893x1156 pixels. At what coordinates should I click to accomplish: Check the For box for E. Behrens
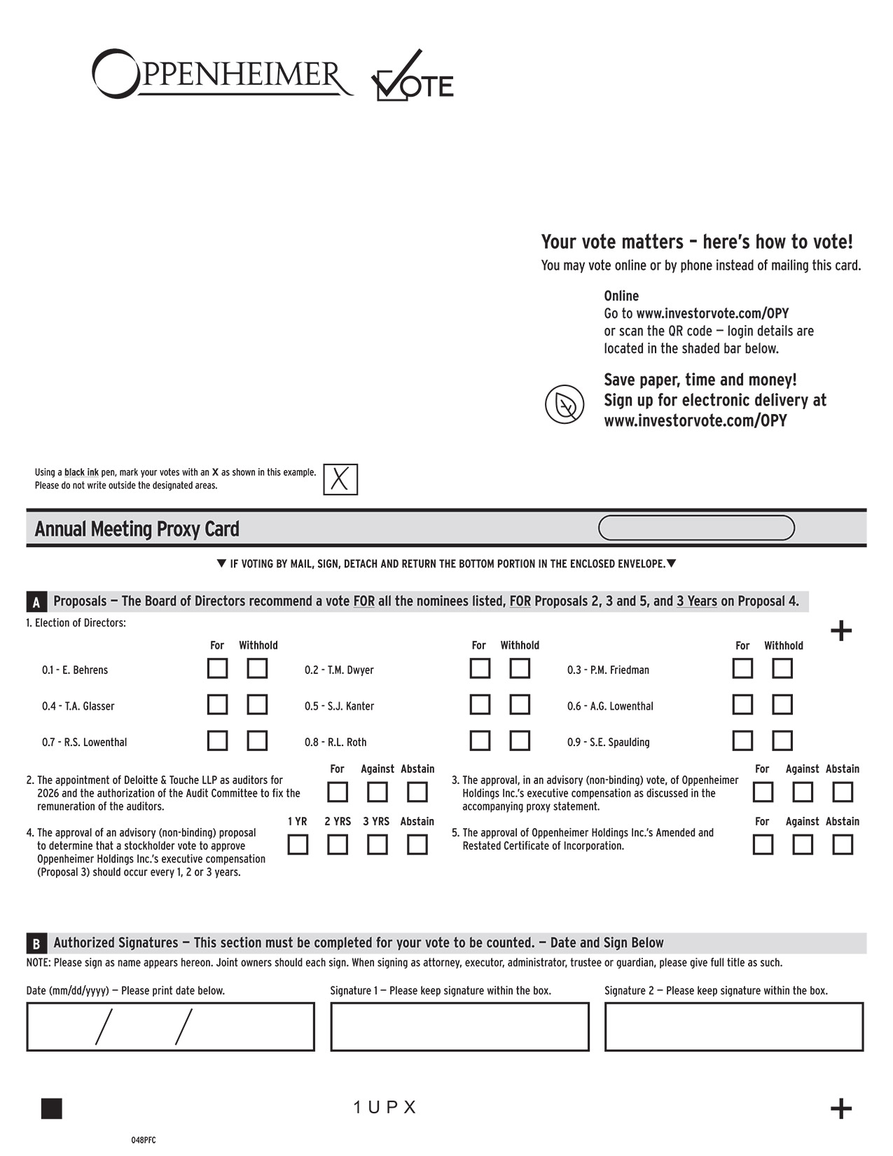pos(217,668)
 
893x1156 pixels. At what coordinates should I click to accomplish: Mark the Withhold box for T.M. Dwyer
pos(520,668)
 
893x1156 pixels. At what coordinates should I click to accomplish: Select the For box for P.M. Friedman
pos(742,668)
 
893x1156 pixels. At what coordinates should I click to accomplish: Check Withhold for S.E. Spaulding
pos(782,741)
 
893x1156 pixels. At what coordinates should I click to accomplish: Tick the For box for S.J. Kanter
pos(480,704)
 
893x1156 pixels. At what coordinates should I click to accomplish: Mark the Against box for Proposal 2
pos(378,792)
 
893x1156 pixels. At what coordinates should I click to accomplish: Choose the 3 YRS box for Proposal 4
pos(378,845)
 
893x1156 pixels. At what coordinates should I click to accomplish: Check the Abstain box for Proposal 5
pos(843,845)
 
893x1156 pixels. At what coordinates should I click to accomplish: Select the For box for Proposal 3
pos(763,792)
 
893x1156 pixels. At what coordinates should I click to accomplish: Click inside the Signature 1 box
pos(459,1026)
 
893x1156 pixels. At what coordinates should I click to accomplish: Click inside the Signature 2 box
pos(734,1026)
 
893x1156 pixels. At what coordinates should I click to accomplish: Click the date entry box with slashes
pos(170,1026)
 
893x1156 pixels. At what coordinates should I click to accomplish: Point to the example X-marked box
pos(340,480)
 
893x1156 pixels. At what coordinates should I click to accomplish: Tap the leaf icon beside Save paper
pos(565,404)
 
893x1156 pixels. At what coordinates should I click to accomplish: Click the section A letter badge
pos(36,602)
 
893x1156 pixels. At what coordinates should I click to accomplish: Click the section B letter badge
pos(36,943)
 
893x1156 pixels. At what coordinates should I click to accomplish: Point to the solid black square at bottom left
pos(52,1108)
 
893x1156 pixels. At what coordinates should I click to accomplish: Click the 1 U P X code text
pos(385,1108)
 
